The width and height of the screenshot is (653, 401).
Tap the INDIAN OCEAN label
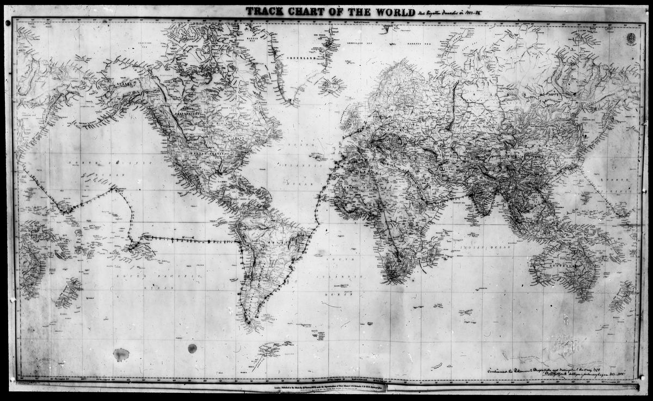click(x=477, y=247)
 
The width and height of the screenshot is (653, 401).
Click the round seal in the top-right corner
click(x=631, y=38)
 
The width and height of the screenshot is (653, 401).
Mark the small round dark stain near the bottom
click(x=192, y=348)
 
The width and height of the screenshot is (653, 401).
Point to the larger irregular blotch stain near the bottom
click(x=121, y=355)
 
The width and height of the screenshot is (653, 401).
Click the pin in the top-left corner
click(x=8, y=23)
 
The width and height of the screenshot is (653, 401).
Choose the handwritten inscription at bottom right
click(x=550, y=373)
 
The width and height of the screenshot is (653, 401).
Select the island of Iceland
click(x=331, y=85)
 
